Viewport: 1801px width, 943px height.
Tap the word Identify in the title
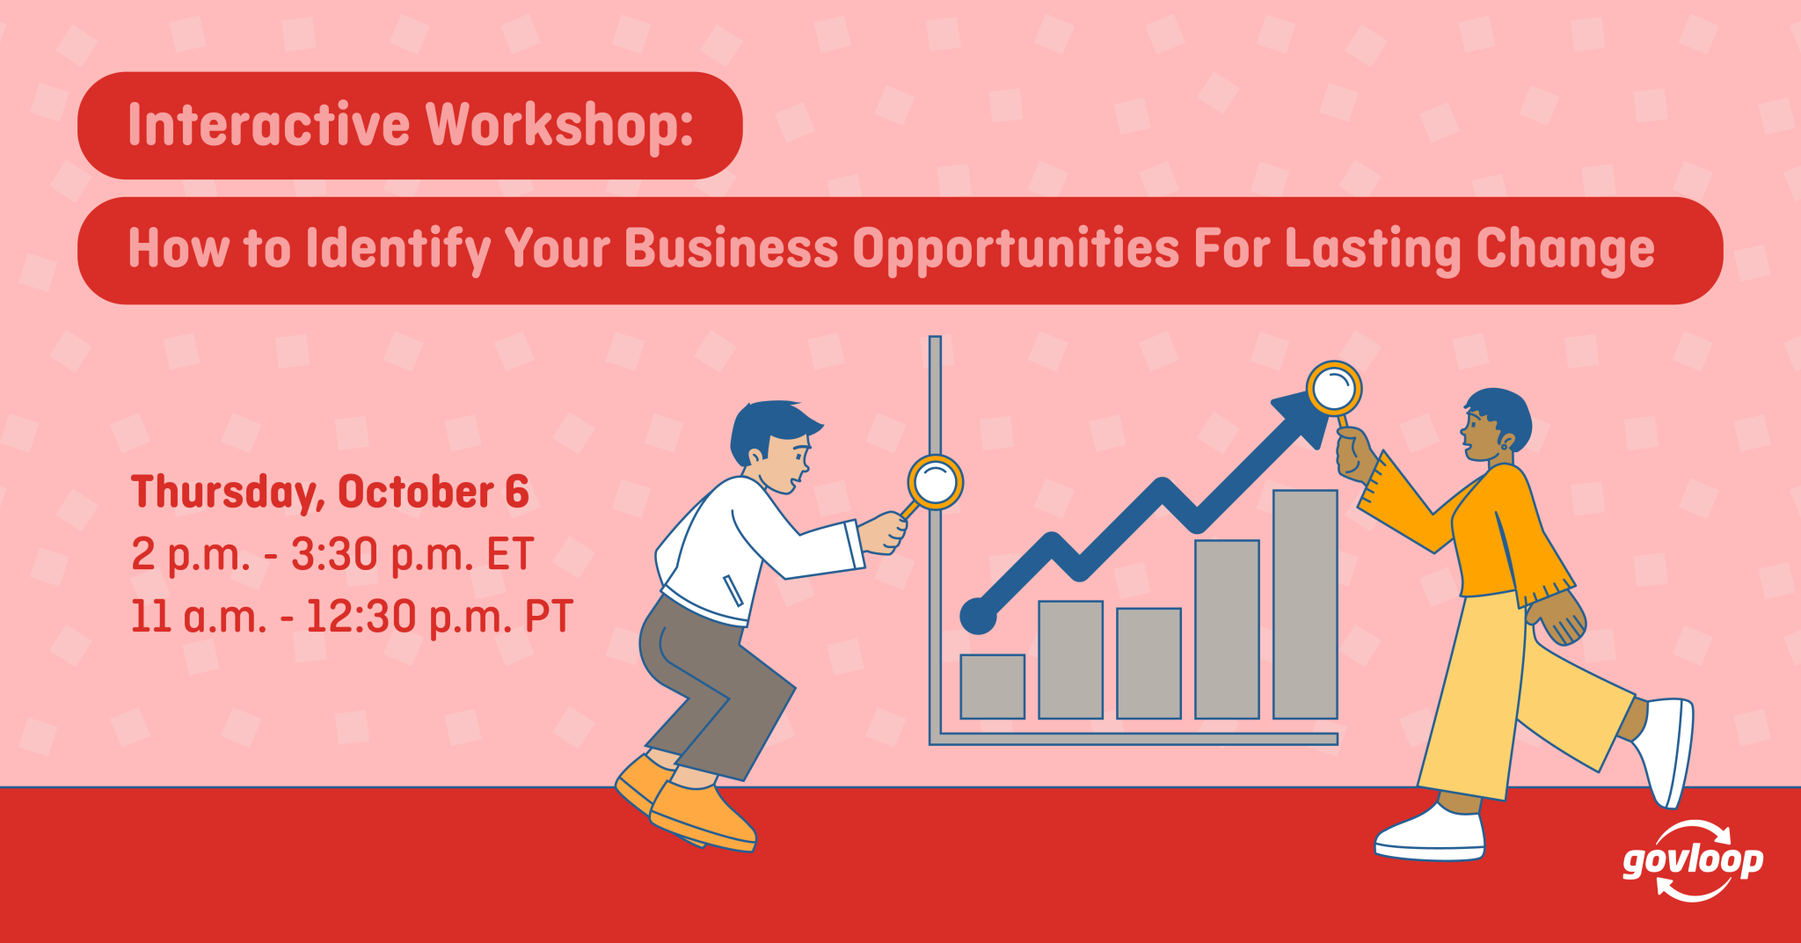pos(397,250)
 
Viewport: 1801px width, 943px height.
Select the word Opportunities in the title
pos(1016,250)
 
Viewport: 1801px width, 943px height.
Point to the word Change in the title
pos(1565,250)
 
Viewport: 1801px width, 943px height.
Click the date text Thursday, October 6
pos(330,493)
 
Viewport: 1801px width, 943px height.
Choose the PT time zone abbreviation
pos(549,616)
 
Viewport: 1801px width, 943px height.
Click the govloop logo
pos(1693,861)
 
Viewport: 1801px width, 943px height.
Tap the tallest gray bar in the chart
pos(1305,604)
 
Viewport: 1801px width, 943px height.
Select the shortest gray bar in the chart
pos(993,686)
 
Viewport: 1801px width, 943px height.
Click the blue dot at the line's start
pos(978,616)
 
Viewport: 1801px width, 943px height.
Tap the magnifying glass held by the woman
pos(1334,388)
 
